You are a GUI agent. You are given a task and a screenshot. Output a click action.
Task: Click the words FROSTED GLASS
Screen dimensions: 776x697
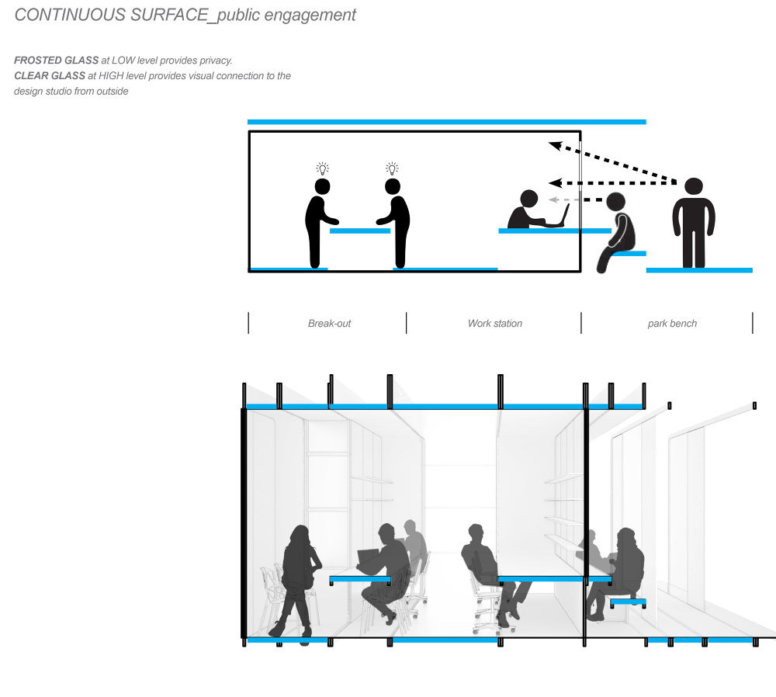pos(57,61)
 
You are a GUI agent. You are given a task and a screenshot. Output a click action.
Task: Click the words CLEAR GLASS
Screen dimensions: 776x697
pos(50,76)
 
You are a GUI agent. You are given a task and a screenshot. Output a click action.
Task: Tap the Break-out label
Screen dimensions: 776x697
pos(329,323)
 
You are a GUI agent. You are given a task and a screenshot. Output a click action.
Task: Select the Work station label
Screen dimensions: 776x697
pos(495,323)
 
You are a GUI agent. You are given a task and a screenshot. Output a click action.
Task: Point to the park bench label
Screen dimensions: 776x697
pos(672,324)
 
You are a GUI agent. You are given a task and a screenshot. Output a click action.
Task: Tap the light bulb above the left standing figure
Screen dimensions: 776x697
pos(323,168)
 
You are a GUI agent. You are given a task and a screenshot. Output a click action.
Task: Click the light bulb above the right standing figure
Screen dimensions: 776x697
pos(392,168)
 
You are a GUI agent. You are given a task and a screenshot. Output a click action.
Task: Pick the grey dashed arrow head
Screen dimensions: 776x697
pos(554,200)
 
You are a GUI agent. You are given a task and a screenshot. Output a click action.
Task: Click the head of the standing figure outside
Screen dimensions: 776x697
pos(694,186)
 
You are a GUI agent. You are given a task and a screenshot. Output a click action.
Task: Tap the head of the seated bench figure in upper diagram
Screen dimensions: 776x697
pos(615,202)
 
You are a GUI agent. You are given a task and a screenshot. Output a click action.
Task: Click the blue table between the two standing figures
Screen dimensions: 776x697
pos(360,231)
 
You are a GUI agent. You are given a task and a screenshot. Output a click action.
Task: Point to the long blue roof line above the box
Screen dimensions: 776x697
pos(446,122)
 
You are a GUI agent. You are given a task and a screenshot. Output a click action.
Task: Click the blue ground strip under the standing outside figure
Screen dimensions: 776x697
pos(699,270)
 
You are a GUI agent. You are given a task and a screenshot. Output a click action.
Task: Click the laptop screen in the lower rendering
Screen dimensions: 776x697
pos(368,558)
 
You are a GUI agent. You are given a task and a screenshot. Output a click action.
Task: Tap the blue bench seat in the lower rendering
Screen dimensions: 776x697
pos(628,602)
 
